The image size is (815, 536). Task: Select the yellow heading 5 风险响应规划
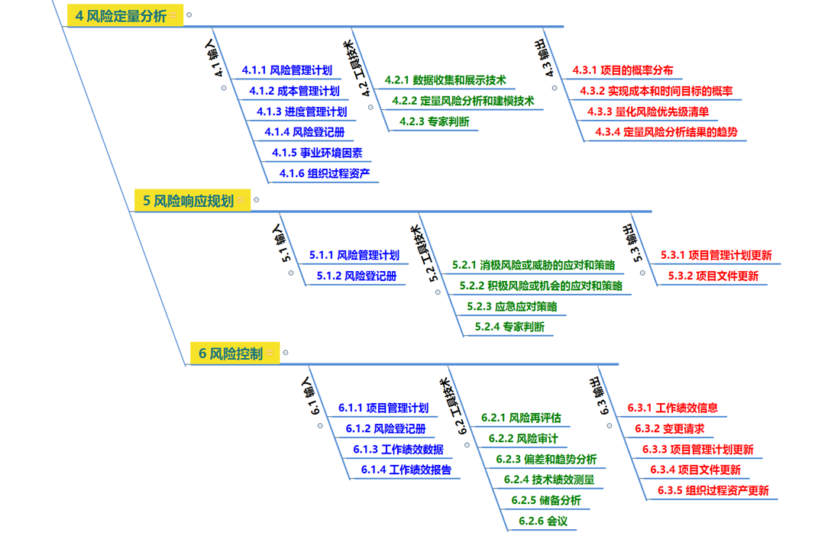[188, 201]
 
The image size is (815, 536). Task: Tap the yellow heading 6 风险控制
[230, 354]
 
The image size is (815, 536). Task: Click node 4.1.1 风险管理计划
[286, 70]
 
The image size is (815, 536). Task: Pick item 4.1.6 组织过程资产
[325, 173]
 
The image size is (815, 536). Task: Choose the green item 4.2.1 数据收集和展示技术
[445, 80]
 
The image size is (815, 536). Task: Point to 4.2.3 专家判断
[434, 121]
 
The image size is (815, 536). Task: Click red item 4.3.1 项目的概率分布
[623, 70]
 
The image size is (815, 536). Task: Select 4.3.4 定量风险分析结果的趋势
[666, 132]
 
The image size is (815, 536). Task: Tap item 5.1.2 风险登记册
[356, 276]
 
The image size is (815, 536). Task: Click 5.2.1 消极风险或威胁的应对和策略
[532, 265]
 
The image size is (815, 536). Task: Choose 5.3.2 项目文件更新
[713, 276]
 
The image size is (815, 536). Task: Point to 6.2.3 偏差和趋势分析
[545, 459]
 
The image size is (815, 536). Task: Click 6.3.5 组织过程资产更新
[709, 490]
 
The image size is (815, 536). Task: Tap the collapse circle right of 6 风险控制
[286, 353]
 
